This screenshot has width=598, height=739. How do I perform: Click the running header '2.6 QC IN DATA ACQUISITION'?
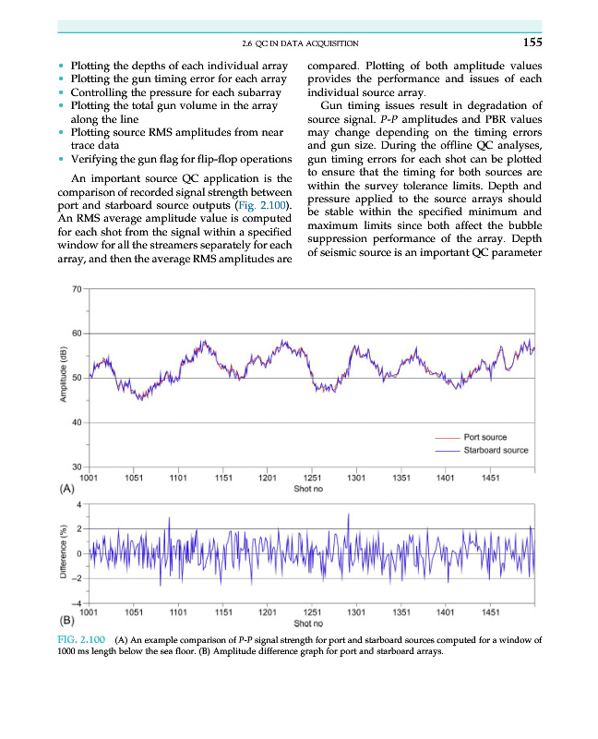(299, 43)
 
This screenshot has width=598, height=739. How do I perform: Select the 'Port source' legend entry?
(484, 437)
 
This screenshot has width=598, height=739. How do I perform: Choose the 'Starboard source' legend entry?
(496, 450)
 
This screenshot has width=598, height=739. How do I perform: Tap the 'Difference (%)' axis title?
(63, 552)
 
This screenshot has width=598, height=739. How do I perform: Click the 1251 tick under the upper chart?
(312, 479)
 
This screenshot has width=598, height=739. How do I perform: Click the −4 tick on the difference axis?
(78, 603)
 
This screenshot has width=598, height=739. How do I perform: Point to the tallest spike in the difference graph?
(348, 514)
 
